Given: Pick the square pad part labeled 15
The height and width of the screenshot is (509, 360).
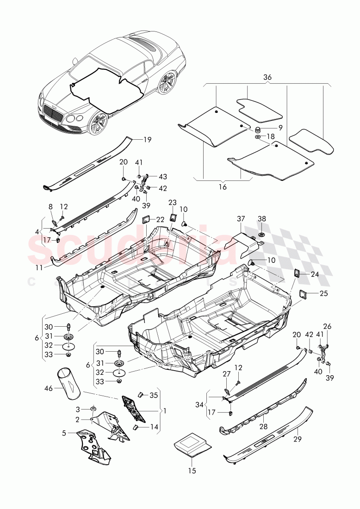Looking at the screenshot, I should pyautogui.click(x=192, y=445).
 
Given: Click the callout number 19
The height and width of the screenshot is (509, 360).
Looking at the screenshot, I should pyautogui.click(x=147, y=139).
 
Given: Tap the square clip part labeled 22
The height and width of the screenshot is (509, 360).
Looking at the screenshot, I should pyautogui.click(x=146, y=219).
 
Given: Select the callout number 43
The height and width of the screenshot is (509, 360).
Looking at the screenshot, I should pyautogui.click(x=163, y=177).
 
